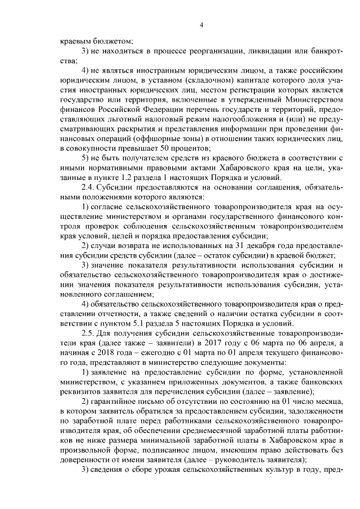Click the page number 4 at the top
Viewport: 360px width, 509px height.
(201, 25)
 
